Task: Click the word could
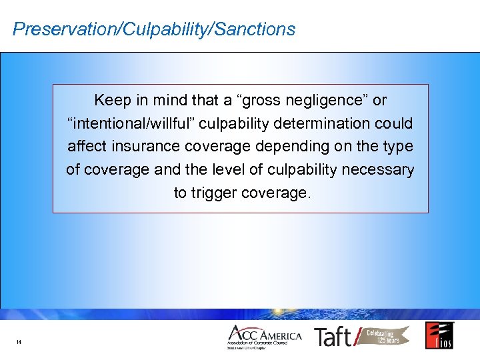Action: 394,123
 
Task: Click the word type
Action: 398,147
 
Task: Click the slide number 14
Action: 19,343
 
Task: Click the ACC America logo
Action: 265,337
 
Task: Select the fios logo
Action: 440,335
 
